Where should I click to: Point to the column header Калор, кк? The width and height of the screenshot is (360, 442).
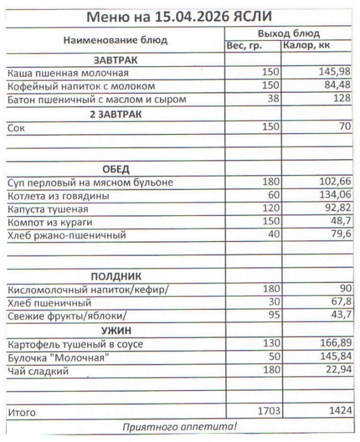(306, 46)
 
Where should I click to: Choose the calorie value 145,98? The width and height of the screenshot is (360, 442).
(335, 72)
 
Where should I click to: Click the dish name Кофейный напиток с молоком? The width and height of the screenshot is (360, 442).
(81, 86)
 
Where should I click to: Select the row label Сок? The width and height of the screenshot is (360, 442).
(17, 128)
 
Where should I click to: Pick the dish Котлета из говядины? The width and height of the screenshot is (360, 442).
(59, 196)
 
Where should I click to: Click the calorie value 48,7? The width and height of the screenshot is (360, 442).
(340, 223)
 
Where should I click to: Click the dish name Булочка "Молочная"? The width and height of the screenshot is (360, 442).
(57, 357)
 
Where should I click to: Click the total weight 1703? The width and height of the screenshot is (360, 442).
(269, 411)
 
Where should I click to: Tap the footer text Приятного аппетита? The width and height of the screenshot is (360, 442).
(179, 427)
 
